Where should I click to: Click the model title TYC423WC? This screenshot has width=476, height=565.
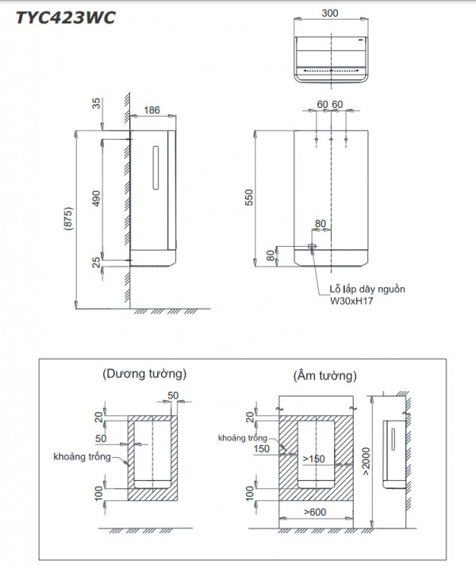tap(58, 17)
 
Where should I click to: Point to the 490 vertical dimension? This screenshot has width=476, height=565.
tap(96, 198)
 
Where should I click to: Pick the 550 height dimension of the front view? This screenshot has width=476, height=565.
tap(248, 198)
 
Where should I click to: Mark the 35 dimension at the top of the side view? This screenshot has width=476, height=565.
tap(96, 103)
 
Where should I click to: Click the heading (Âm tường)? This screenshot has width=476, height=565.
tap(324, 372)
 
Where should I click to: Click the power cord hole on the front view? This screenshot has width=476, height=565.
tap(312, 247)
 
